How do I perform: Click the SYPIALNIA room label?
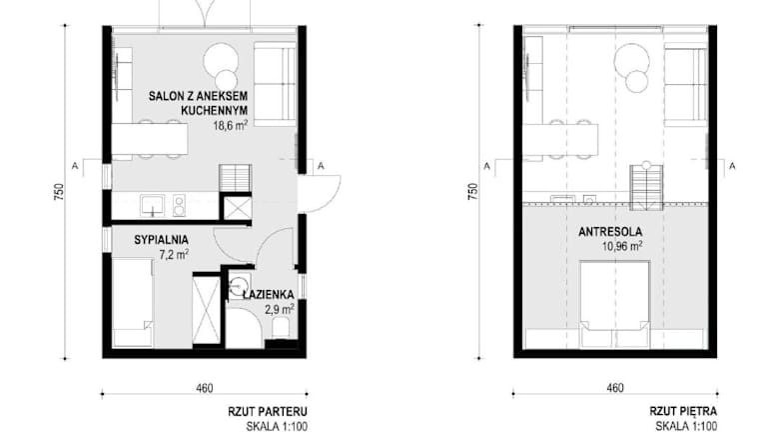click(x=161, y=240)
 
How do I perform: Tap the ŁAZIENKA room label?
click(x=269, y=295)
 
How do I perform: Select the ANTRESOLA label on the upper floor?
click(x=610, y=232)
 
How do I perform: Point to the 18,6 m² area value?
click(x=230, y=125)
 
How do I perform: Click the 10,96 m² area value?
click(x=622, y=246)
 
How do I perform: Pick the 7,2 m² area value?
click(x=174, y=255)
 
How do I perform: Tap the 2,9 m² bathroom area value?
click(x=280, y=310)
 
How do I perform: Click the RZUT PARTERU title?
click(x=268, y=411)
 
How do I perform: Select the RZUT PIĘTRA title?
click(x=683, y=411)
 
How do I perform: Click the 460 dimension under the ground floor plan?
click(x=205, y=388)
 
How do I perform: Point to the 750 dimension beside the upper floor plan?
click(x=472, y=192)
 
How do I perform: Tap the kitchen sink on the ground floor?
click(x=153, y=205)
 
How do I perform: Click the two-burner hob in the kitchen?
click(x=179, y=205)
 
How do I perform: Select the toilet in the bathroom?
click(x=281, y=327)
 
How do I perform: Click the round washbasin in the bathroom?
click(x=240, y=284)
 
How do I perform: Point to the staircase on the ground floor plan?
click(x=236, y=178)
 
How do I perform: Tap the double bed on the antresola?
click(x=615, y=305)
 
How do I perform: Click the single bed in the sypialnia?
click(x=133, y=303)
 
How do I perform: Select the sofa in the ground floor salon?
click(x=275, y=84)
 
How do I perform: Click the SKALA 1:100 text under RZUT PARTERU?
click(x=277, y=426)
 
